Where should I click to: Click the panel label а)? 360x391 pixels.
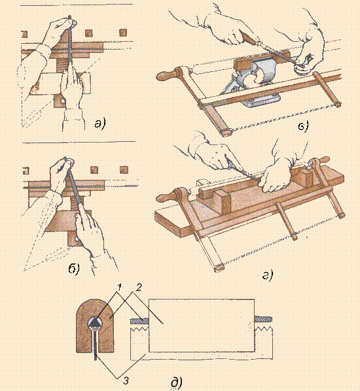point(100,124)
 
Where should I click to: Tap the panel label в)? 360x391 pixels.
point(303,126)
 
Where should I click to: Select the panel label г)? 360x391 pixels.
point(268,275)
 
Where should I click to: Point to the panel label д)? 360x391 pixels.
point(177,383)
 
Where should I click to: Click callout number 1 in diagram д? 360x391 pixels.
point(119,288)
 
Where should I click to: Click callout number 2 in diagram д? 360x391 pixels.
point(139,288)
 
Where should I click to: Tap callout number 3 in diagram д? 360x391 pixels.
point(126,381)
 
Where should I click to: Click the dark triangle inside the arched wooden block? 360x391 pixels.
point(95,324)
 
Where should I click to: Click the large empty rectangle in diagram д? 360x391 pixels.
point(202,326)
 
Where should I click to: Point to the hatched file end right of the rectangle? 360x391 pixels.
point(263,320)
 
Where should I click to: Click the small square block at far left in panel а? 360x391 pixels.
point(24,34)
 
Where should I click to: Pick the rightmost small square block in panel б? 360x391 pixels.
point(123,170)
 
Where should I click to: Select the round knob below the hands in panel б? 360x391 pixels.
point(77,239)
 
